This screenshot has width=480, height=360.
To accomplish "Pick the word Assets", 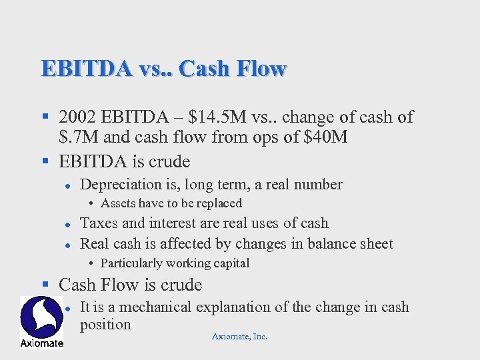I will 115,203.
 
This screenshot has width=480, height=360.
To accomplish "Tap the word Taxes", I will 97,223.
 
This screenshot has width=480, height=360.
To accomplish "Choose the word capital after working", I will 228,263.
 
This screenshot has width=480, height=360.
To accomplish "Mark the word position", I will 105,325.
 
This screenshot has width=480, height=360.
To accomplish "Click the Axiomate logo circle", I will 41,317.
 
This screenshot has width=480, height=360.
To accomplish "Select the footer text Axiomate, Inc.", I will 239,337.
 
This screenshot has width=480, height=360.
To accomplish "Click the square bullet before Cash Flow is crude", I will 45,285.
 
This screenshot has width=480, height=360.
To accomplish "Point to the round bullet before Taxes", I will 68,225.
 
